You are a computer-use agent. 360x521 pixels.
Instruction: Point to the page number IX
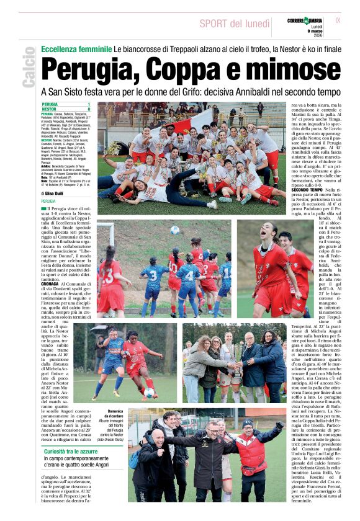(338, 21)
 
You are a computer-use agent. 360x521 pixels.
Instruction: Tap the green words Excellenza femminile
(76, 48)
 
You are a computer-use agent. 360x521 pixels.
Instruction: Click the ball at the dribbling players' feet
(148, 392)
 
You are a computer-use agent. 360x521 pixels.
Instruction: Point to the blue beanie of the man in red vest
(248, 423)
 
